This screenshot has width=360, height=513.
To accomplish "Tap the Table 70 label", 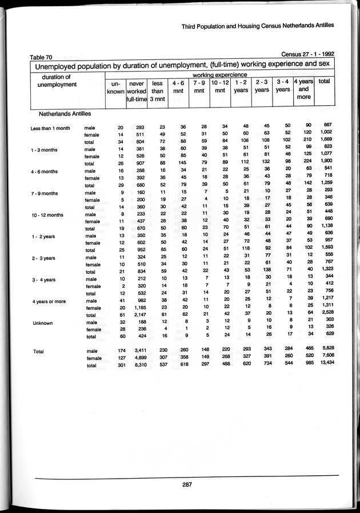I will coord(41,57).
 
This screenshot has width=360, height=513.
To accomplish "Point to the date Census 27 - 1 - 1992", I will coord(308,53).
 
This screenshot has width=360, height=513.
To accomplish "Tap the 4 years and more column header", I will coord(303,90).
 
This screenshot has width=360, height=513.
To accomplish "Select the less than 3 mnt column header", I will coord(158,90).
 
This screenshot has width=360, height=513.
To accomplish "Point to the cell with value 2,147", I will coord(135,314).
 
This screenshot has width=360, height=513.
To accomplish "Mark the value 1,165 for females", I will coord(136,307).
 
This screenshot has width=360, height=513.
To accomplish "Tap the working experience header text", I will coord(220,74).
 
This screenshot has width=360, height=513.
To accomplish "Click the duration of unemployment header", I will coord(57,81).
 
